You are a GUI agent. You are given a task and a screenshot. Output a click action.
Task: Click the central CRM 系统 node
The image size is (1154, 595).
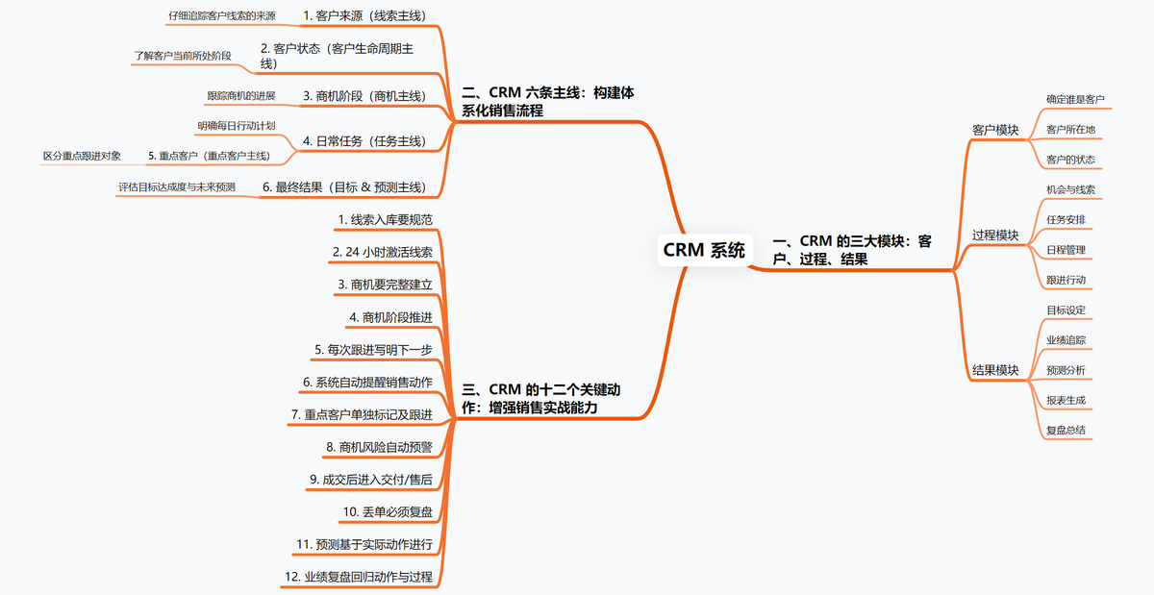(704, 251)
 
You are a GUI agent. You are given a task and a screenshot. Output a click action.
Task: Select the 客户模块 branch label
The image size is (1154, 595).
(995, 129)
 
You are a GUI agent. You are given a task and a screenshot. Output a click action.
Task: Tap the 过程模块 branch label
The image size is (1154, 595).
(995, 236)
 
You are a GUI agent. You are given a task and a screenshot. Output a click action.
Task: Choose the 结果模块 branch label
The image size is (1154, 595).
(995, 370)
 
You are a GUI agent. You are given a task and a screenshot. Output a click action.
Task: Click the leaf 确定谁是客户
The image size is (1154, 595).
(1075, 99)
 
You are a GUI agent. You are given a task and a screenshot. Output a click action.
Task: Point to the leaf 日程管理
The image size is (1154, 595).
(1066, 250)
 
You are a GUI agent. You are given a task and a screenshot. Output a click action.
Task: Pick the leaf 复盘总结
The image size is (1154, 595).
(1066, 430)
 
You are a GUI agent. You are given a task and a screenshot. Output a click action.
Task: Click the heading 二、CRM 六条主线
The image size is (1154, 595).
(547, 101)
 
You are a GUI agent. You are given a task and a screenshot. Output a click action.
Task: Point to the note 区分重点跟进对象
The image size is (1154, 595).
(82, 156)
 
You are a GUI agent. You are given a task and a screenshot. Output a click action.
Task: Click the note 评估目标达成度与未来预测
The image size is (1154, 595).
(176, 186)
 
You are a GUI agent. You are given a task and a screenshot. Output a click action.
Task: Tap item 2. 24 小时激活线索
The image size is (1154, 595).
(382, 252)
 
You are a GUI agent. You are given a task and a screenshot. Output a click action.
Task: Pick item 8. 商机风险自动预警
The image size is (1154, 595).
(379, 447)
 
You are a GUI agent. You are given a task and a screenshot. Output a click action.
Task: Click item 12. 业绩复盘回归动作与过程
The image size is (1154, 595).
(358, 577)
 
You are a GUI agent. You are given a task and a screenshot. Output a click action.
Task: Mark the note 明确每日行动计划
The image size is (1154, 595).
(237, 125)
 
